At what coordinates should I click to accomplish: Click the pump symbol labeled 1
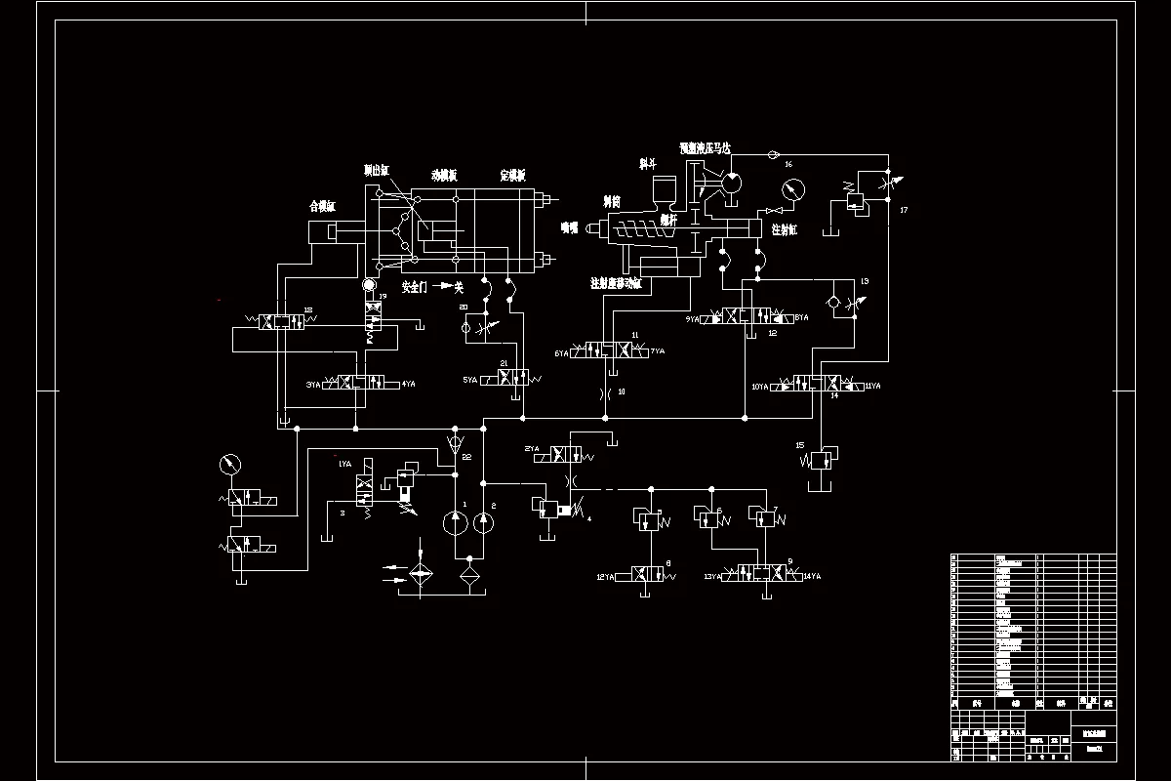point(455,523)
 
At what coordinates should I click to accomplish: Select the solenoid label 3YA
point(313,385)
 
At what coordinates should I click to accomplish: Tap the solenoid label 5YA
point(470,379)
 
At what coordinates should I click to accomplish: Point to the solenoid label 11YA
point(872,387)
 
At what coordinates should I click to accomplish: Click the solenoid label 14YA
point(811,577)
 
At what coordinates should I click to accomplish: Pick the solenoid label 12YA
point(607,577)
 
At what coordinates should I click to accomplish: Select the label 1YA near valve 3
point(343,465)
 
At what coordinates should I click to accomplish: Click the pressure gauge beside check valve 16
point(792,188)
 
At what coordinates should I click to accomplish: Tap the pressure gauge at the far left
point(231,465)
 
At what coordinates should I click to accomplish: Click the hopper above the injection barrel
point(666,192)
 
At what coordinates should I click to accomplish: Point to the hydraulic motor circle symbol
point(731,184)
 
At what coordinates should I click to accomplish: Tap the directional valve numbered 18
point(282,322)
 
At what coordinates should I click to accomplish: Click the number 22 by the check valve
point(467,457)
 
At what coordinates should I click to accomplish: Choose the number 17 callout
point(904,210)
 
